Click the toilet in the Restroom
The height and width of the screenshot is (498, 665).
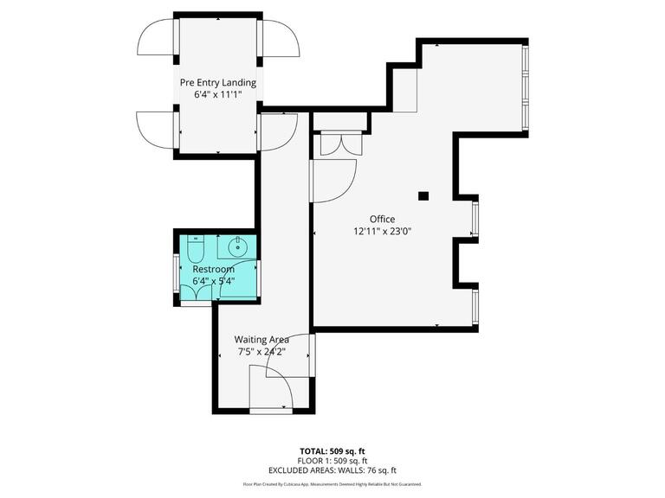(x=195, y=250)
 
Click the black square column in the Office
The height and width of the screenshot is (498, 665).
(x=423, y=196)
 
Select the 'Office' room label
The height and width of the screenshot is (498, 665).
(x=382, y=220)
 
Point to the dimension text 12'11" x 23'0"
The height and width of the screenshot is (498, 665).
(x=382, y=232)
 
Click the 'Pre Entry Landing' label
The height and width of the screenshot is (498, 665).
(x=217, y=83)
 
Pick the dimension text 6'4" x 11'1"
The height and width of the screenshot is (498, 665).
(x=217, y=95)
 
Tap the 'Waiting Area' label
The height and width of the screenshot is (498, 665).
(x=261, y=340)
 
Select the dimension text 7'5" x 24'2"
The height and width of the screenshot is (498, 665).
(x=261, y=352)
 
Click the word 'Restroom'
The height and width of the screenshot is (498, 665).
(x=213, y=269)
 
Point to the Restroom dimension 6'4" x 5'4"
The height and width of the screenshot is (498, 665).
(x=213, y=281)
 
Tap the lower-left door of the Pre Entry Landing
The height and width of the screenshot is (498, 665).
(x=157, y=130)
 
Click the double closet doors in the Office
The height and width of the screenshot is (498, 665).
(x=337, y=144)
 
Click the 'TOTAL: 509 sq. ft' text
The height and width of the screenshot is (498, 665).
(x=332, y=451)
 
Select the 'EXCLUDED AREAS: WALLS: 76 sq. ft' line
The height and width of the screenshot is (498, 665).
(x=332, y=470)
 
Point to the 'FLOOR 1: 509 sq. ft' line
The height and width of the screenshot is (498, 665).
(x=332, y=461)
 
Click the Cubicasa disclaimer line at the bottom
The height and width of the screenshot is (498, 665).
(x=332, y=484)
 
